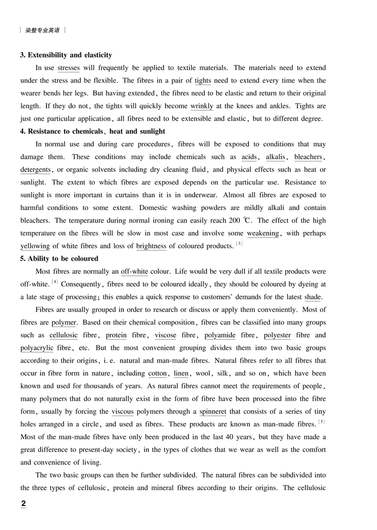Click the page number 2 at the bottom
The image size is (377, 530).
point(24,504)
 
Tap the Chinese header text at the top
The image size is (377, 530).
point(42,30)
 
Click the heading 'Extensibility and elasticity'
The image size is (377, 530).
point(66,55)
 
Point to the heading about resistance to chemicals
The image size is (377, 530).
point(93,131)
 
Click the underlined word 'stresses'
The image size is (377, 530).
point(68,68)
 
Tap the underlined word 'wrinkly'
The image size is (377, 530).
point(202,106)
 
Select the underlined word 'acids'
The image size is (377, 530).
point(249,157)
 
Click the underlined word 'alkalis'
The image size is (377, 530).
point(275,157)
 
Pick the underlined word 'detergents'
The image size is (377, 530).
point(35,170)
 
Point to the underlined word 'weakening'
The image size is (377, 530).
point(263,233)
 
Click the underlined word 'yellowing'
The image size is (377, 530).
point(35,246)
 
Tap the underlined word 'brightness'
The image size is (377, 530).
point(151,246)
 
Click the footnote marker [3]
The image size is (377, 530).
point(239,243)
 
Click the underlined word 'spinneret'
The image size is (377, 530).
point(213,412)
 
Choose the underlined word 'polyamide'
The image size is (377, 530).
point(221,335)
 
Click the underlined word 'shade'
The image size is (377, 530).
point(312,297)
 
